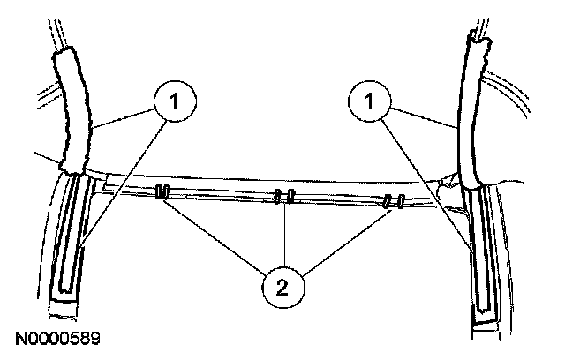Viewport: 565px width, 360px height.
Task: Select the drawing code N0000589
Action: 56,338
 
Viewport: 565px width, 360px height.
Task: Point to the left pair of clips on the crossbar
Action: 162,193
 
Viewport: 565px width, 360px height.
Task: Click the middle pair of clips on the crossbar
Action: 283,197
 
